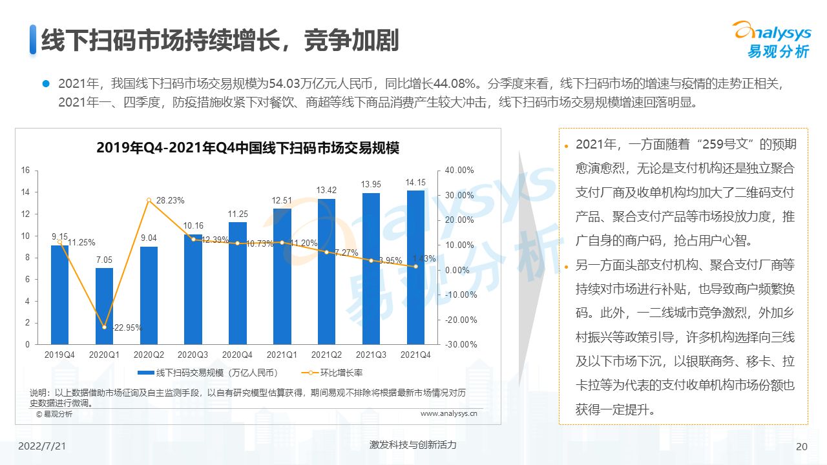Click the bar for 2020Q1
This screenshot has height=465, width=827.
[x=104, y=306]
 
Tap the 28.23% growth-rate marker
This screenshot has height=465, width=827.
[x=149, y=200]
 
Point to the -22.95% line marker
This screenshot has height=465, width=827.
[x=104, y=327]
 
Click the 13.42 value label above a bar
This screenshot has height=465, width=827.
[x=326, y=190]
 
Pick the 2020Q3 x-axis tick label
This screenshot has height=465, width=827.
[x=193, y=355]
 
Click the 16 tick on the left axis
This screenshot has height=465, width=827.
[x=26, y=170]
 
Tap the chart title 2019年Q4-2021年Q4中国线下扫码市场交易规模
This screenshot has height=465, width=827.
[x=247, y=148]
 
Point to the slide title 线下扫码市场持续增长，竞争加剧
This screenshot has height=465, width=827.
[x=220, y=40]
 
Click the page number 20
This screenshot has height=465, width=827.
[x=802, y=446]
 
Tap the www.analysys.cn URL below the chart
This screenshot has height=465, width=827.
[x=448, y=414]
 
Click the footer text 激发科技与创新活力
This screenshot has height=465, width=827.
[x=413, y=445]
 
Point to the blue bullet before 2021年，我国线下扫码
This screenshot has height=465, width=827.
[x=46, y=83]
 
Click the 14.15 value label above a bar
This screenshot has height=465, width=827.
[x=415, y=182]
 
